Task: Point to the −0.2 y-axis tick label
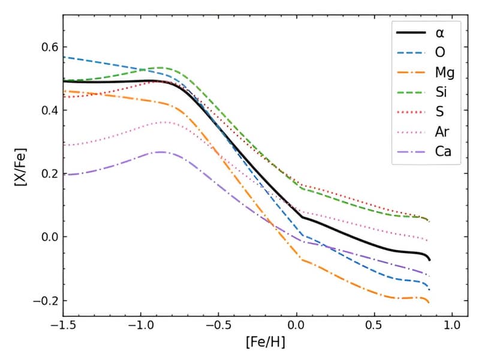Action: [x=42, y=301]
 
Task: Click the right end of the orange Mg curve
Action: [x=429, y=302]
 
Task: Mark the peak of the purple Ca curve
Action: [x=161, y=152]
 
